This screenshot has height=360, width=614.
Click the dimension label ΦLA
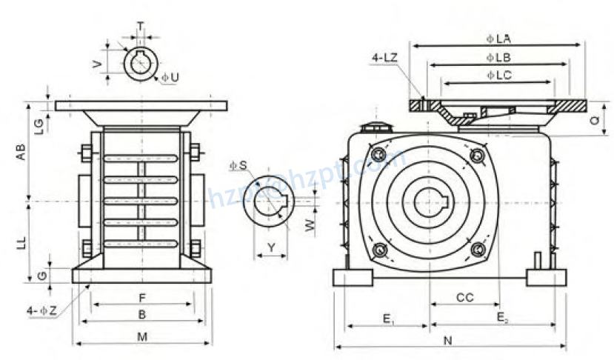coord(498,37)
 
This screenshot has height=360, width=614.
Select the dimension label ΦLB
coord(498,56)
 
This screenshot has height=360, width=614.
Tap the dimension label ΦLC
coord(498,75)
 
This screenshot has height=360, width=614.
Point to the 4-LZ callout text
coord(386,56)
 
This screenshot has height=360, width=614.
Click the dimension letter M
coord(142,337)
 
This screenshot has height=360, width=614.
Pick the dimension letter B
coord(142,314)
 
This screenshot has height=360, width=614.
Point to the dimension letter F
coord(142,298)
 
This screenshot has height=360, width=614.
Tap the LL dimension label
coord(22,241)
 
